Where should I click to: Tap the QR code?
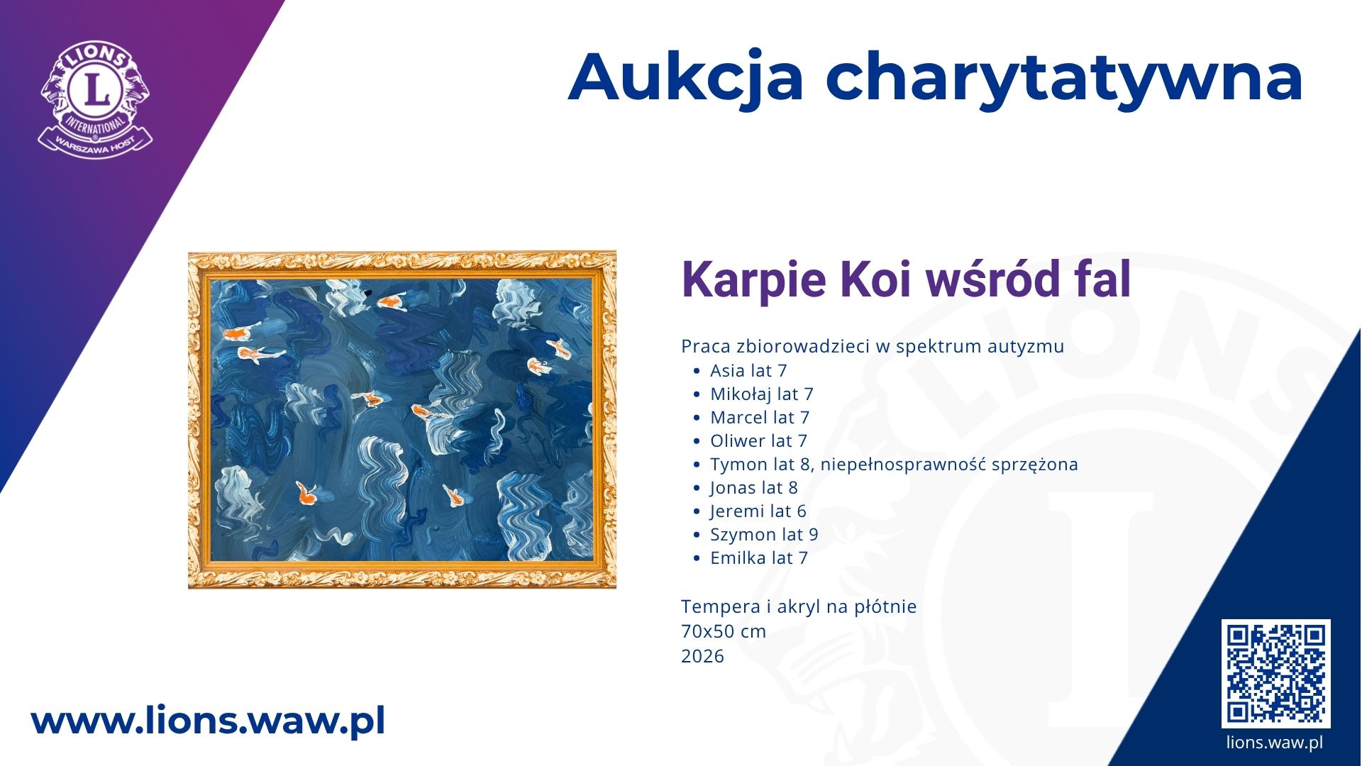click(x=1275, y=673)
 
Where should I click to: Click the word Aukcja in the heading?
click(x=685, y=77)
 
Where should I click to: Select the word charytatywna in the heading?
click(x=1064, y=79)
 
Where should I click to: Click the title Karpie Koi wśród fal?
click(x=906, y=279)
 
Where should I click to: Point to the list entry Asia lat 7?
click(x=748, y=370)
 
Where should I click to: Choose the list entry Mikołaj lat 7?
click(x=762, y=394)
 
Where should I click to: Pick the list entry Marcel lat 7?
click(x=760, y=417)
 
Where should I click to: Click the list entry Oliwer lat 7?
click(x=758, y=440)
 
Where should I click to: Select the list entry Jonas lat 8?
click(x=754, y=487)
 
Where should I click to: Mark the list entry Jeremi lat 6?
click(x=758, y=511)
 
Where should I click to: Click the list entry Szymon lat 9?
click(x=764, y=534)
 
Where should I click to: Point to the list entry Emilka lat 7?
click(x=759, y=557)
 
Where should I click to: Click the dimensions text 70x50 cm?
click(x=724, y=631)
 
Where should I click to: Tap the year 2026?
click(x=702, y=656)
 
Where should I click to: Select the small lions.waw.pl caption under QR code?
click(x=1275, y=743)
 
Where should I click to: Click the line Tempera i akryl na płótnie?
click(x=799, y=606)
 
